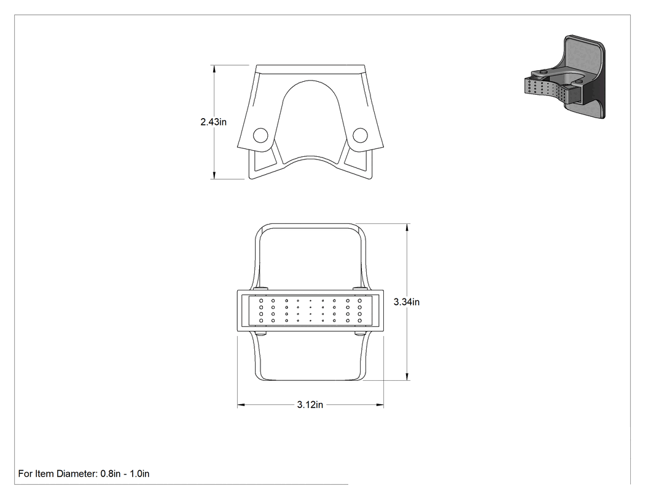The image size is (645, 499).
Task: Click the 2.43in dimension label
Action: click(x=214, y=122)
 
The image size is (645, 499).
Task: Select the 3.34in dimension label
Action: click(x=407, y=302)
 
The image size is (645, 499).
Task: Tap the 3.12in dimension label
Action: click(x=310, y=405)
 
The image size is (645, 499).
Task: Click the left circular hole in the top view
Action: click(x=260, y=135)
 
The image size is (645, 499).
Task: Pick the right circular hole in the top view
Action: click(x=360, y=135)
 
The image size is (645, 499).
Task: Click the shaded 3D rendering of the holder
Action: click(x=565, y=77)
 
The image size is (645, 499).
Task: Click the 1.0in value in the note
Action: click(x=139, y=474)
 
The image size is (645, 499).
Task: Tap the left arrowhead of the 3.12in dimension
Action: click(x=241, y=405)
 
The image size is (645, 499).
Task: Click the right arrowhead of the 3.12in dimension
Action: click(x=380, y=405)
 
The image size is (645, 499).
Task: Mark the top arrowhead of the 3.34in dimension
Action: click(x=407, y=228)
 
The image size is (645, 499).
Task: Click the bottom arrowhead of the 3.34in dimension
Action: click(x=407, y=376)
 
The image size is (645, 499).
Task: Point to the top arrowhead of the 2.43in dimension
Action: click(x=214, y=69)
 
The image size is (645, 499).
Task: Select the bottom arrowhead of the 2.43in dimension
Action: click(x=214, y=175)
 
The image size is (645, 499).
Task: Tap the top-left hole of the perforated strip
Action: click(x=261, y=301)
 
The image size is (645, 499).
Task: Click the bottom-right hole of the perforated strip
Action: click(x=359, y=321)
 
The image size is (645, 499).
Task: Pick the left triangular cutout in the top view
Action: click(x=264, y=160)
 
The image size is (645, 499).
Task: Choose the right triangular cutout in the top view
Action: click(x=356, y=160)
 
